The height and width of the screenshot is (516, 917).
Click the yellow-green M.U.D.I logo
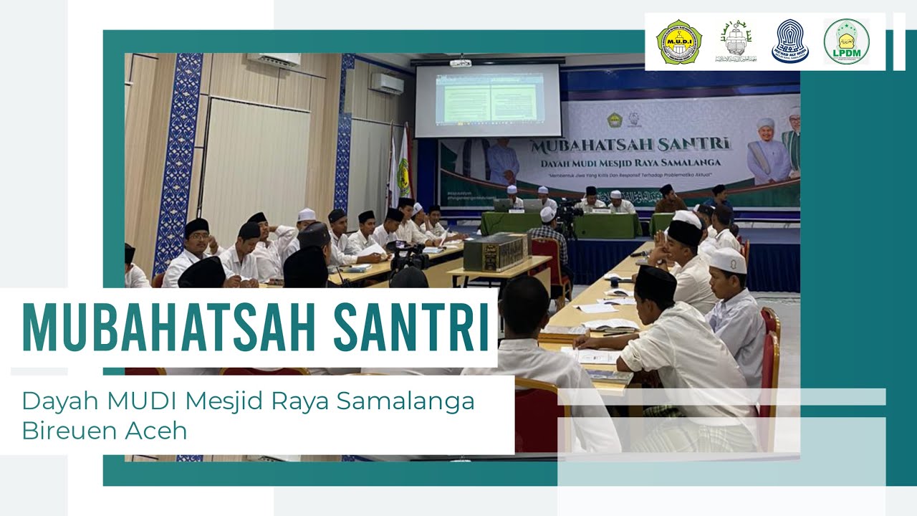tap(678, 42)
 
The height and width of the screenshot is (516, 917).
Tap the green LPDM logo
tap(846, 42)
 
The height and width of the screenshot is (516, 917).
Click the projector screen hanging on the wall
tap(488, 100)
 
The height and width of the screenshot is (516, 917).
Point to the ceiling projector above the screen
tap(461, 62)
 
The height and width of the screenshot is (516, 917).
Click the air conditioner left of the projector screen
tap(387, 83)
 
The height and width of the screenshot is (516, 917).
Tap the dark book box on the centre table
tap(494, 252)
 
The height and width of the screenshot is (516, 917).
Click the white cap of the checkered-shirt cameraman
tap(547, 214)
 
